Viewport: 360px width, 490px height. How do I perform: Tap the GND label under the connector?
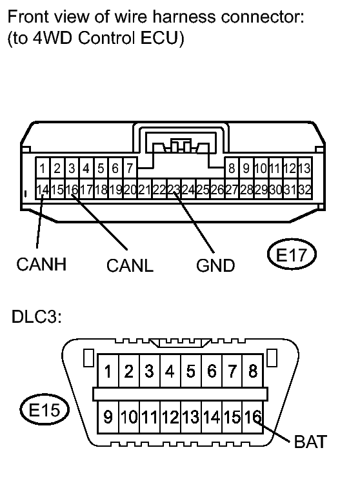(215, 265)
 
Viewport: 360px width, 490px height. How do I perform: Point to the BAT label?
(310, 443)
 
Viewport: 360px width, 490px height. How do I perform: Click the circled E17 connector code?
(292, 255)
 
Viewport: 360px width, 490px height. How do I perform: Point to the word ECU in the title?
(165, 39)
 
